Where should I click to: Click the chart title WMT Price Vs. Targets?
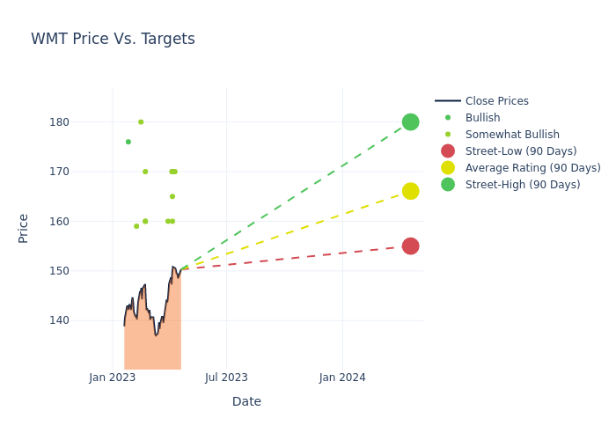click(x=113, y=40)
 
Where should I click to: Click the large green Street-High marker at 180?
click(x=410, y=121)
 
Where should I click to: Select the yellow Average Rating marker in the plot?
click(x=410, y=191)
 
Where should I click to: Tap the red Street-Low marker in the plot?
click(x=410, y=246)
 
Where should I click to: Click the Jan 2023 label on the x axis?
click(x=113, y=378)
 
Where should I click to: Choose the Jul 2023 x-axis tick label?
click(x=226, y=378)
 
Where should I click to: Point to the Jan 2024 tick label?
click(x=342, y=378)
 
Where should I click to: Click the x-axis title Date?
click(x=246, y=401)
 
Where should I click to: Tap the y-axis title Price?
click(x=24, y=228)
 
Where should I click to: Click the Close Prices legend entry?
click(x=496, y=101)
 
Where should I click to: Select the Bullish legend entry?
click(x=482, y=118)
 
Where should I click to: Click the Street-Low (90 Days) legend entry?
click(x=521, y=151)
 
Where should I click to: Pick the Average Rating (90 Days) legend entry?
click(x=532, y=168)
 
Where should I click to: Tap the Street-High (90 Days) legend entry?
click(x=523, y=185)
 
